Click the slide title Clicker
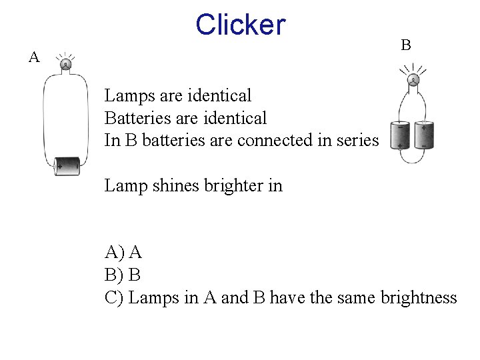click(240, 25)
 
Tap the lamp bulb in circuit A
click(66, 65)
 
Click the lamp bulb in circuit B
click(413, 81)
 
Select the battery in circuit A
click(67, 165)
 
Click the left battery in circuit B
click(400, 135)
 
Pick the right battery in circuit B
click(423, 135)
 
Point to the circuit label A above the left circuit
click(34, 57)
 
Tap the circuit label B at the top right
click(405, 45)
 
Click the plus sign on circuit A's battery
click(60, 166)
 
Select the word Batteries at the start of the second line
click(136, 119)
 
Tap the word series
click(359, 141)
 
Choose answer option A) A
click(123, 252)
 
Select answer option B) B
click(123, 275)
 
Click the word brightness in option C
click(419, 297)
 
